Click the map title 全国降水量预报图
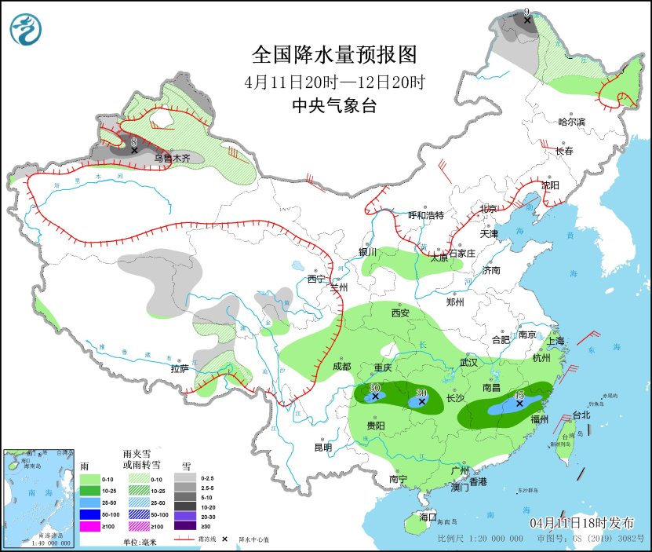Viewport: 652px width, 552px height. pyautogui.click(x=333, y=54)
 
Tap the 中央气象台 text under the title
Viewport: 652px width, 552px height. pyautogui.click(x=333, y=106)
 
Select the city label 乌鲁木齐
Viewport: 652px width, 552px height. pyautogui.click(x=172, y=158)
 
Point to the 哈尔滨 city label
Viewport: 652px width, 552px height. pyautogui.click(x=571, y=122)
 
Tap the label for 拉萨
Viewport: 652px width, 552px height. pyautogui.click(x=179, y=368)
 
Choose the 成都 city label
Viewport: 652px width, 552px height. pyautogui.click(x=341, y=365)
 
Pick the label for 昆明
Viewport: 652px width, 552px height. pyautogui.click(x=322, y=447)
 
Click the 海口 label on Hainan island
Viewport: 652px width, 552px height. pyautogui.click(x=427, y=517)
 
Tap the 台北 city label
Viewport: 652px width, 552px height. pyautogui.click(x=581, y=415)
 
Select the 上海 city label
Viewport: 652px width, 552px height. pyautogui.click(x=555, y=341)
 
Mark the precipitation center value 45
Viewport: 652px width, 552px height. pyautogui.click(x=519, y=394)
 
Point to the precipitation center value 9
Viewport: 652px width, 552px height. pyautogui.click(x=526, y=12)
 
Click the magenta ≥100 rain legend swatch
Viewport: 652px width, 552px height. pyautogui.click(x=91, y=527)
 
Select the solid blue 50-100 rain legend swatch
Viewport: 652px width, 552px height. pyautogui.click(x=91, y=514)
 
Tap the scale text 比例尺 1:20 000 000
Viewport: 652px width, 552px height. pyautogui.click(x=481, y=539)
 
